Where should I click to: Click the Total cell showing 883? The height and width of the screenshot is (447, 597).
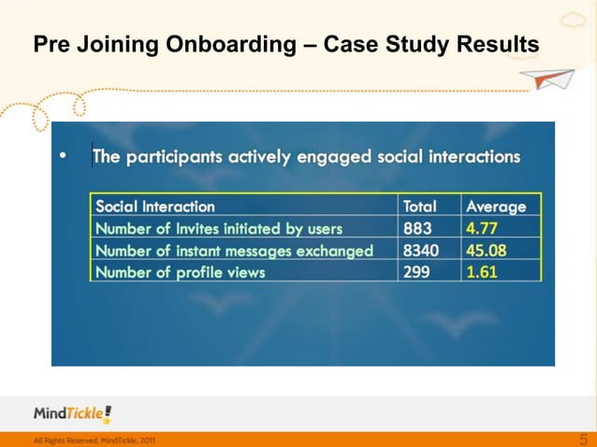(x=417, y=228)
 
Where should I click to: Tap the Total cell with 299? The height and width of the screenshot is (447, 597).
(x=417, y=272)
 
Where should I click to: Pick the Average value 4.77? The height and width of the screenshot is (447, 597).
(x=482, y=228)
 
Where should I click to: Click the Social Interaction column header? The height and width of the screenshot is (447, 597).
(x=155, y=207)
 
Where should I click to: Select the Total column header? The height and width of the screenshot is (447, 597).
(x=419, y=207)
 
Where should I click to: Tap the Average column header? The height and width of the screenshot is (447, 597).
(x=496, y=207)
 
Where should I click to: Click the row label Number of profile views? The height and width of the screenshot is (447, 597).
(x=181, y=272)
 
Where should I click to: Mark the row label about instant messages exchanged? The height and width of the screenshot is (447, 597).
(x=234, y=251)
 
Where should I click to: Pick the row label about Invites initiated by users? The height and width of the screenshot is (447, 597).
(x=219, y=228)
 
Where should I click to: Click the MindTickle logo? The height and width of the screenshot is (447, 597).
(x=73, y=413)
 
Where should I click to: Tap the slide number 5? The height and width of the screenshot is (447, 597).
(x=584, y=439)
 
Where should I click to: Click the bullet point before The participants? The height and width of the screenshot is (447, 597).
(x=62, y=156)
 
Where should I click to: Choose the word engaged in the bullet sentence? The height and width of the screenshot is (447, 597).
(x=333, y=157)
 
